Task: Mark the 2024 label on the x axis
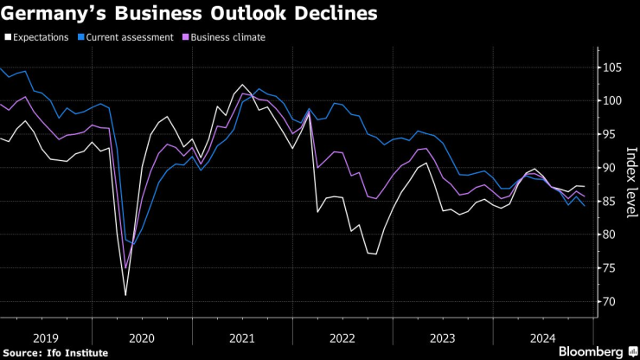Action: coord(542,337)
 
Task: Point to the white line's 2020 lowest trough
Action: coord(125,296)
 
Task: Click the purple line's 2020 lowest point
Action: coord(126,268)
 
